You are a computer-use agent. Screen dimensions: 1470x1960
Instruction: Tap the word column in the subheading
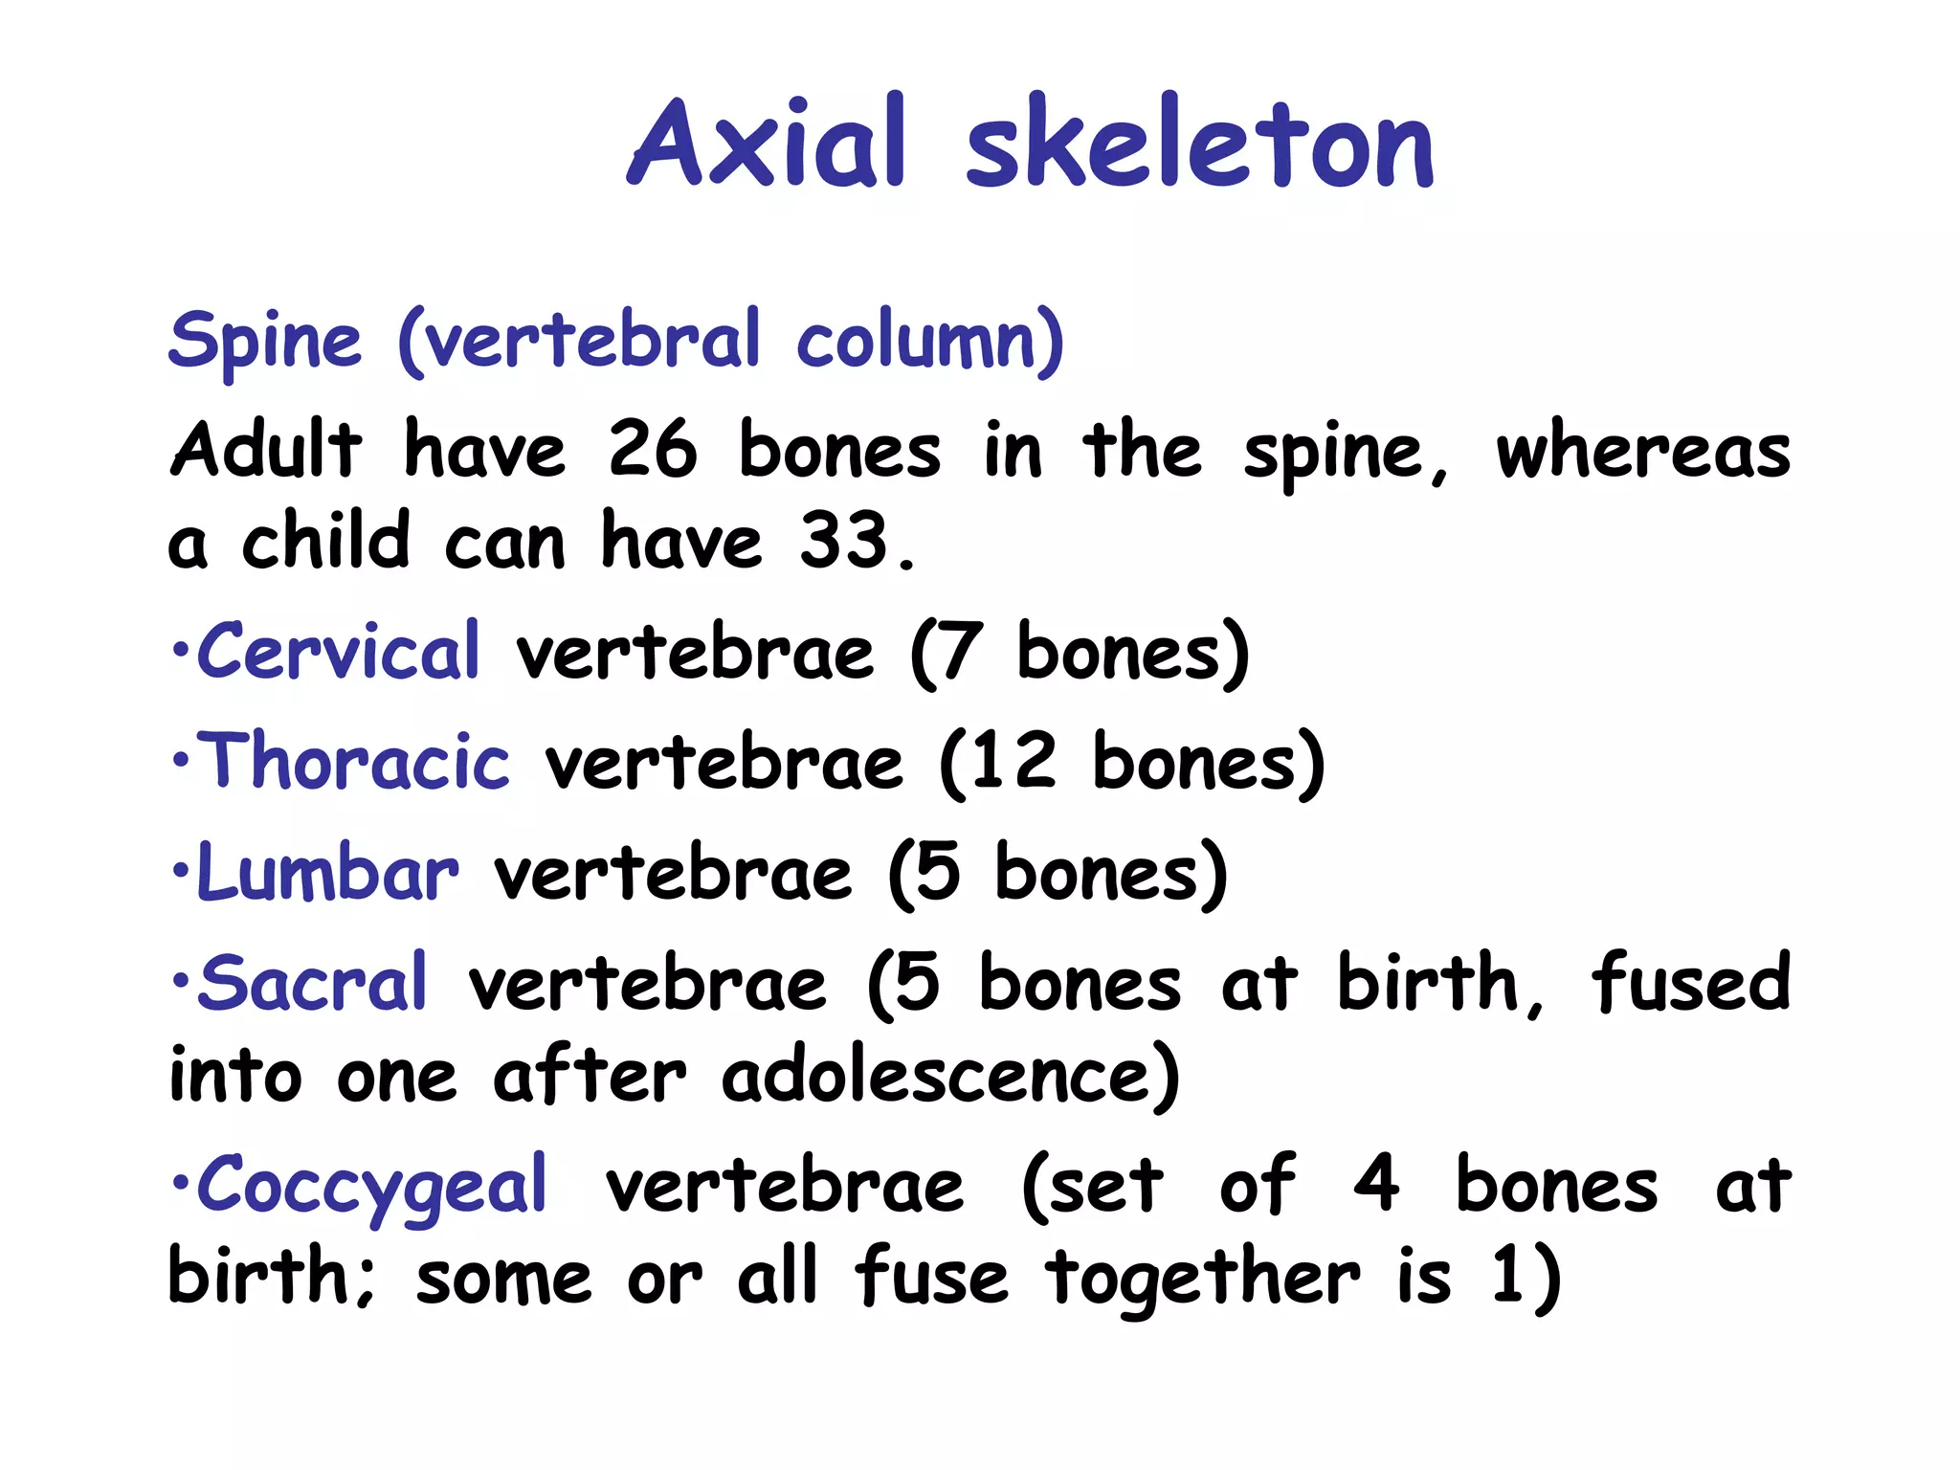(928, 342)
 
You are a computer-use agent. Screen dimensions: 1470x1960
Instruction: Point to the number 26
(653, 450)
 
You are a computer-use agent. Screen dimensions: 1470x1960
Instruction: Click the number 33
(844, 541)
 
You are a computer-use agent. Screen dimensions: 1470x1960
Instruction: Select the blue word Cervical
(338, 652)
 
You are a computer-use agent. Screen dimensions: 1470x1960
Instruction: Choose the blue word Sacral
(312, 983)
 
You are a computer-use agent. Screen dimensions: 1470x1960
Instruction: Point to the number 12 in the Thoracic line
(1012, 762)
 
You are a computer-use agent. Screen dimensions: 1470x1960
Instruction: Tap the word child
(325, 541)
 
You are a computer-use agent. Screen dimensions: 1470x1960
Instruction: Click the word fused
(1690, 982)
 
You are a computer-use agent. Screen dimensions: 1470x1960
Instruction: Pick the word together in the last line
(1202, 1279)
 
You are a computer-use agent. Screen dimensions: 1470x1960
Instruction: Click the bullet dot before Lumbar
(179, 872)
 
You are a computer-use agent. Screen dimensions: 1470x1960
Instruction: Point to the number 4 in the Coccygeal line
(1376, 1185)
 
